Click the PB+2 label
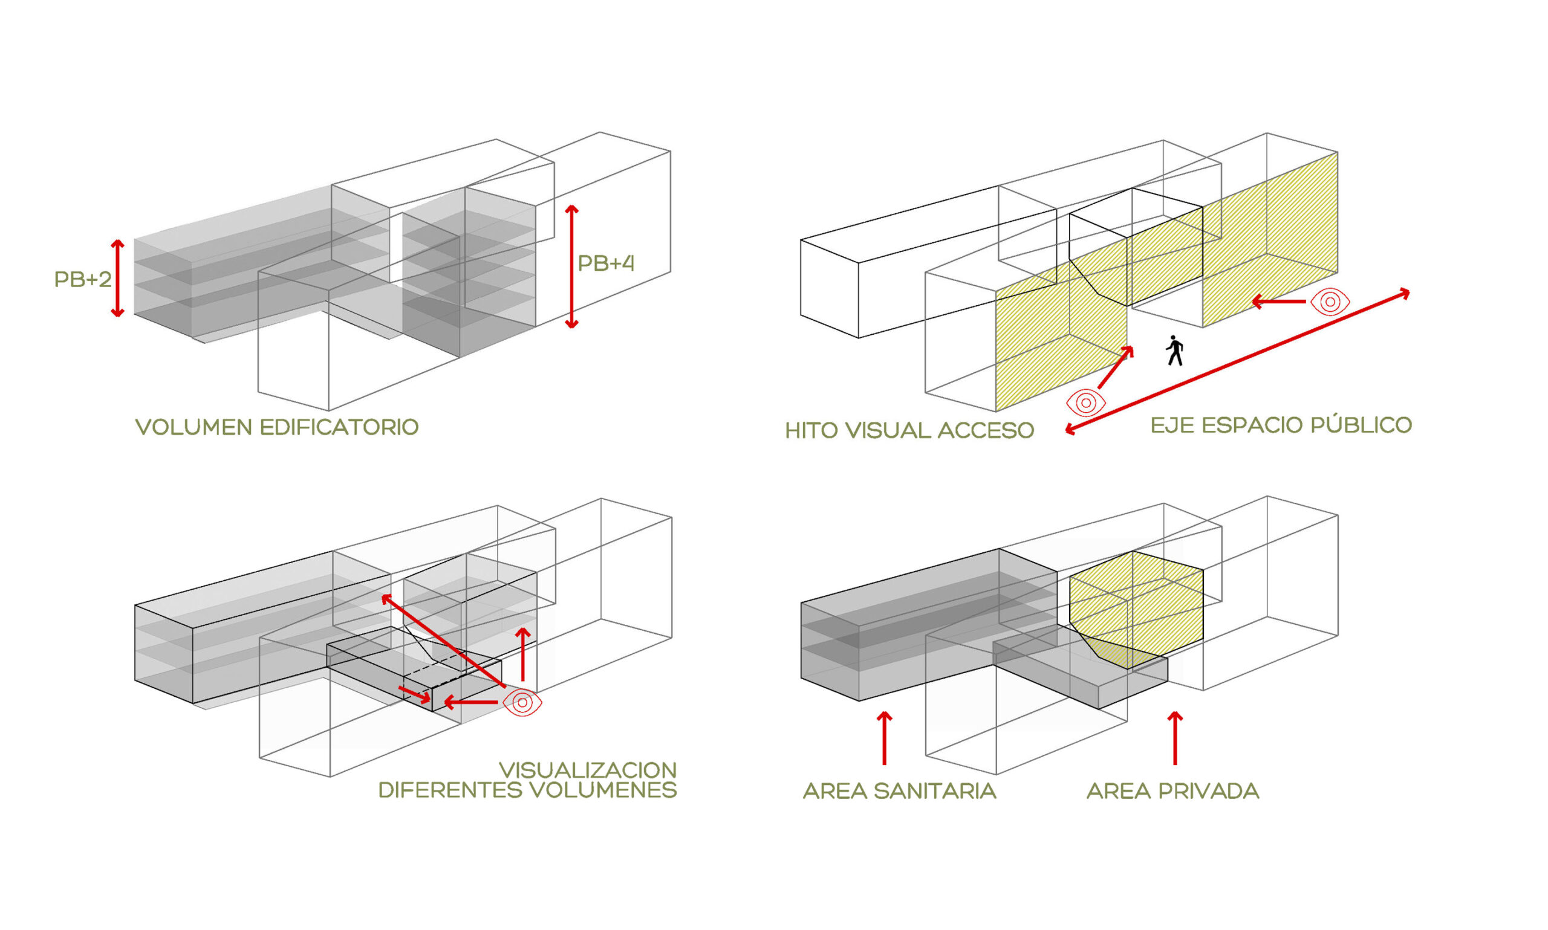coord(83,279)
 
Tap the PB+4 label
coord(605,263)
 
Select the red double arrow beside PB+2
coord(117,277)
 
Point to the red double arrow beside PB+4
coord(571,266)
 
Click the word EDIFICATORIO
coord(339,427)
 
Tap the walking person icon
coord(1174,350)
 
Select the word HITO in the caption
coord(811,430)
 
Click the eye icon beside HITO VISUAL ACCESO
coord(1085,402)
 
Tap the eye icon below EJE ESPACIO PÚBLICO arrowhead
coord(1329,302)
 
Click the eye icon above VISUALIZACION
coord(522,703)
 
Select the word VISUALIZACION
coord(588,770)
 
